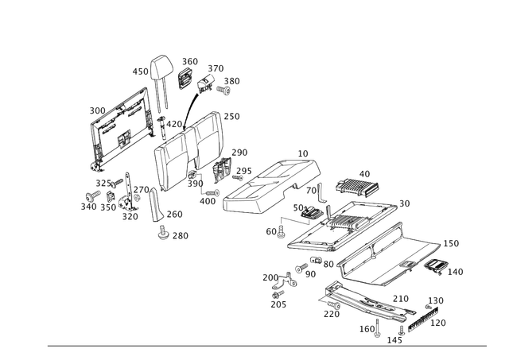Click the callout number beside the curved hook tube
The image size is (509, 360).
click(142, 72)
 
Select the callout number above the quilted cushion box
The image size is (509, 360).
click(303, 152)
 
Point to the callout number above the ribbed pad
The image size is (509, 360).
click(365, 172)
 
